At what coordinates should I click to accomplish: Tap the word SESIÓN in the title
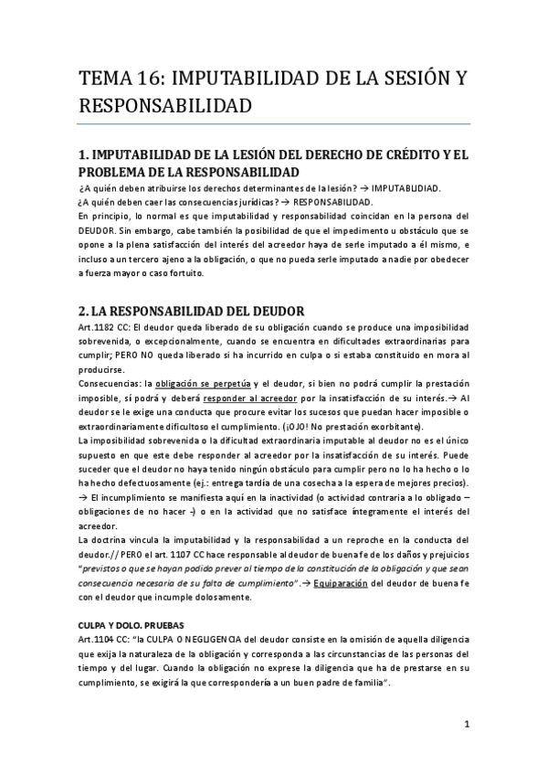click(x=412, y=78)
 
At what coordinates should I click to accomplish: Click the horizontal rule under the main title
click(x=274, y=124)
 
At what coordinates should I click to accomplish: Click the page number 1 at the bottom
click(x=466, y=725)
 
